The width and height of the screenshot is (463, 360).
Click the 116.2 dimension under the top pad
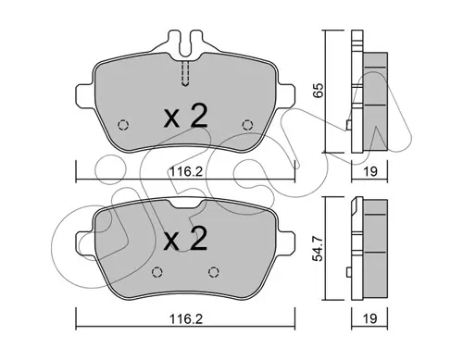coord(185,171)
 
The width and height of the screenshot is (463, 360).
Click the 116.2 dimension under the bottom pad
coord(185,318)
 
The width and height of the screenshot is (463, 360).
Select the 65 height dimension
coord(318,91)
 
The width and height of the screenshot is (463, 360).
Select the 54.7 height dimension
coord(318,249)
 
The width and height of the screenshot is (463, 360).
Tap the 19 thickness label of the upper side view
coord(370,171)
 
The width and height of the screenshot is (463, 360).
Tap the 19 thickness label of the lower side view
coord(370,318)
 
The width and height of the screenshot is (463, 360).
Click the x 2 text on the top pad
coord(185,117)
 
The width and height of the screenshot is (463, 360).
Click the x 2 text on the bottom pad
coord(185,238)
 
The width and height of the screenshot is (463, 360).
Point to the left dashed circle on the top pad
coord(123,125)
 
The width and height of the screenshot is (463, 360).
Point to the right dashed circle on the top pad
coord(247,125)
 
